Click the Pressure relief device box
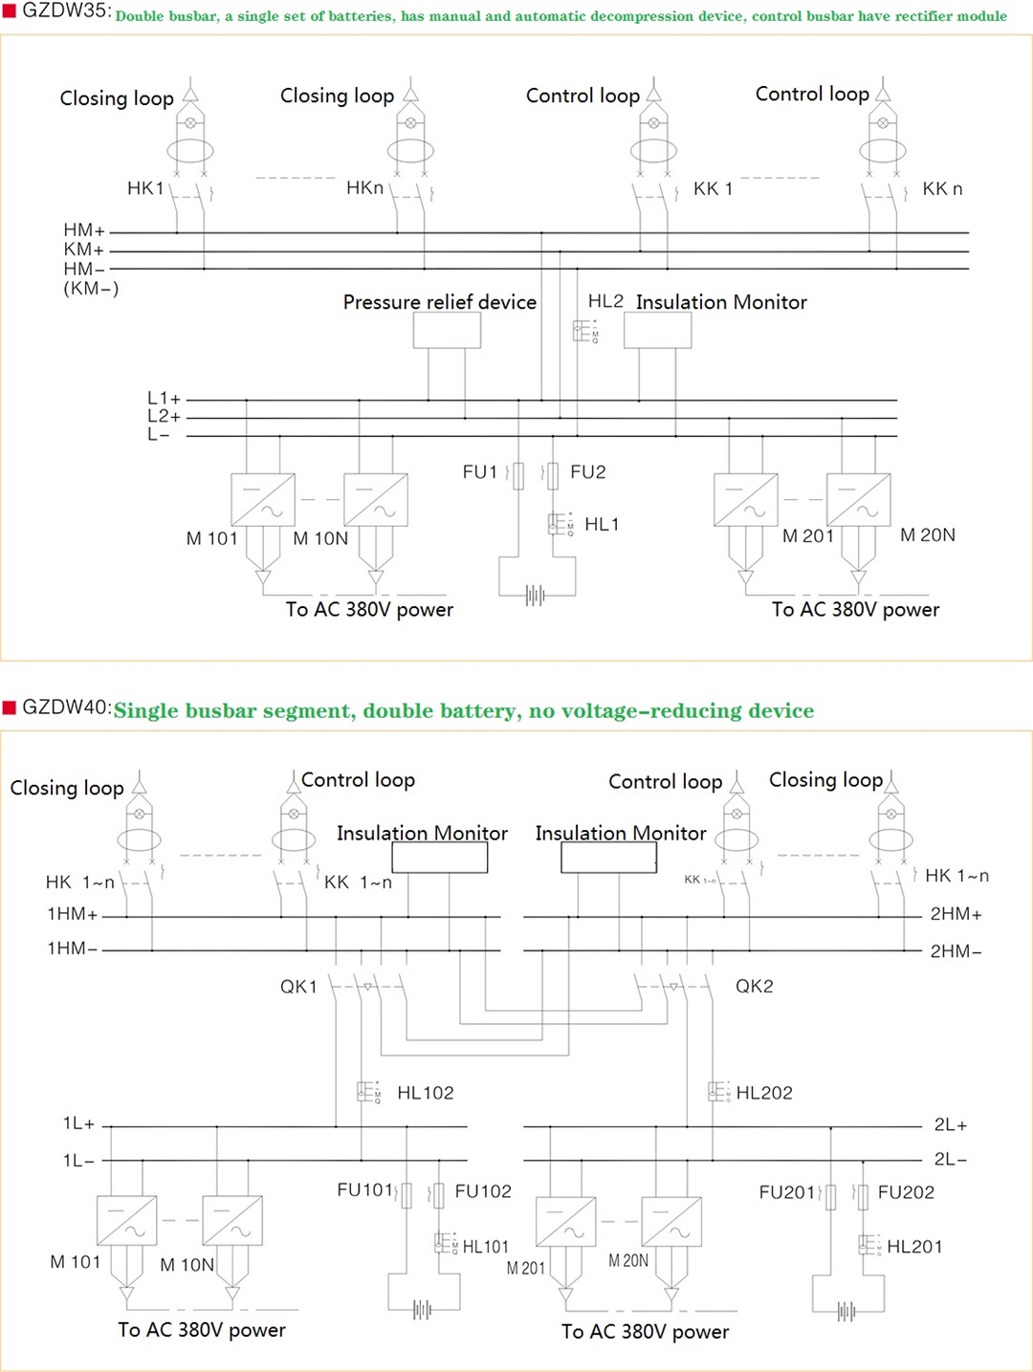click(x=447, y=331)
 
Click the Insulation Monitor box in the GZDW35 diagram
click(x=657, y=331)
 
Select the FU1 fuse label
click(x=479, y=472)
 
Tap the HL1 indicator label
click(x=602, y=525)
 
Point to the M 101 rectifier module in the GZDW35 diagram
click(x=263, y=499)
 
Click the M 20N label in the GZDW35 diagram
click(x=927, y=535)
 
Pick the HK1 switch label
click(x=145, y=188)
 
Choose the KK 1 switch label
click(x=713, y=189)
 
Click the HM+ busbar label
click(x=84, y=230)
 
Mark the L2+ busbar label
click(x=164, y=417)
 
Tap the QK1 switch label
click(x=298, y=987)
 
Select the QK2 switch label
click(x=754, y=987)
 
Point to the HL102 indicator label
click(x=425, y=1093)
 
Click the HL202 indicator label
click(x=764, y=1093)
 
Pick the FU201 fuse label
click(x=787, y=1192)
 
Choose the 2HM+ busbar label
click(x=956, y=915)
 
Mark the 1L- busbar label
click(x=78, y=1161)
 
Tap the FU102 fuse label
click(x=483, y=1191)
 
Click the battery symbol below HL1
click(x=535, y=596)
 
